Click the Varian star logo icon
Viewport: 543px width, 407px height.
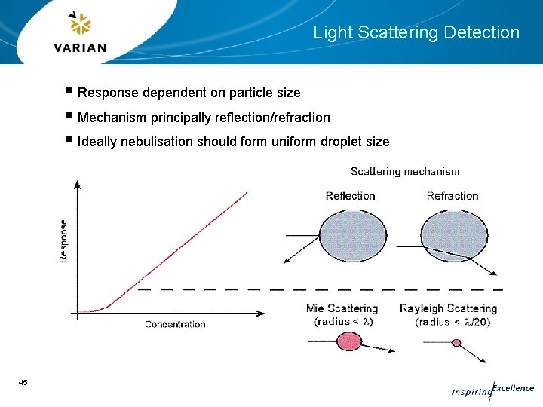tap(80, 24)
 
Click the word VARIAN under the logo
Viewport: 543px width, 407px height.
tap(80, 47)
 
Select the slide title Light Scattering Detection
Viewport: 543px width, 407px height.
tap(416, 32)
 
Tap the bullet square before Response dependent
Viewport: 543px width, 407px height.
tap(69, 92)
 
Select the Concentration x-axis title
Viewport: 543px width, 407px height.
tap(175, 324)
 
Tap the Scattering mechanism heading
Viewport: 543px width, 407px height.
tap(405, 172)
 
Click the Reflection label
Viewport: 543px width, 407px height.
tap(350, 196)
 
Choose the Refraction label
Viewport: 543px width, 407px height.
tap(452, 196)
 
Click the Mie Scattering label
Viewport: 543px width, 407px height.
tap(342, 308)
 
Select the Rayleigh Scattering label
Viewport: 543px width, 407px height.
tap(448, 308)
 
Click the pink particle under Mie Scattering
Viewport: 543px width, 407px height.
tap(348, 341)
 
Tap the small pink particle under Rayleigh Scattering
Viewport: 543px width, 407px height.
tap(456, 343)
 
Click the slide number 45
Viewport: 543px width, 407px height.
tap(23, 383)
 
